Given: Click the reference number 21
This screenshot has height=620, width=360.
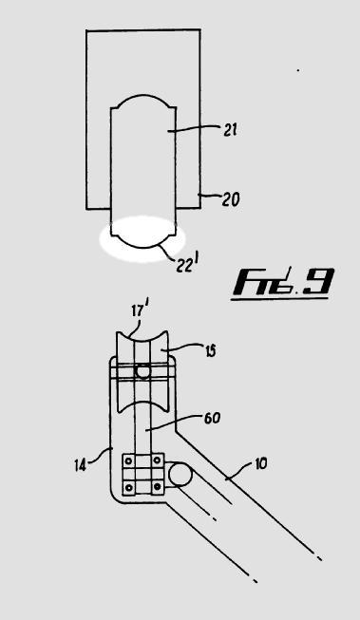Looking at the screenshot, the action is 230,130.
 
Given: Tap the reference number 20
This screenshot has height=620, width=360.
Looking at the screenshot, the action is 230,199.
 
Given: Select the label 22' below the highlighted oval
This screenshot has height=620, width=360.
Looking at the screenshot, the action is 185,265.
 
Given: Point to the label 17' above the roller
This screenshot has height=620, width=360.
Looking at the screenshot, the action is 140,310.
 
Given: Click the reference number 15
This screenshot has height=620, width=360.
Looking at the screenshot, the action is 210,351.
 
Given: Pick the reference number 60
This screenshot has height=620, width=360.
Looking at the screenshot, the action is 212,419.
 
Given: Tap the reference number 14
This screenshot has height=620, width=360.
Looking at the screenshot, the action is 81,465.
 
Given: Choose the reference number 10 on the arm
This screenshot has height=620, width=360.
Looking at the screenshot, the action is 260,463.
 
